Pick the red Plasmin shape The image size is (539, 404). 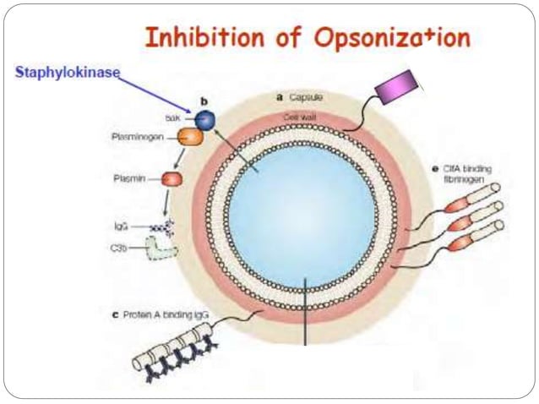click(x=172, y=179)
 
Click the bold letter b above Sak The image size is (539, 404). click(x=204, y=101)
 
